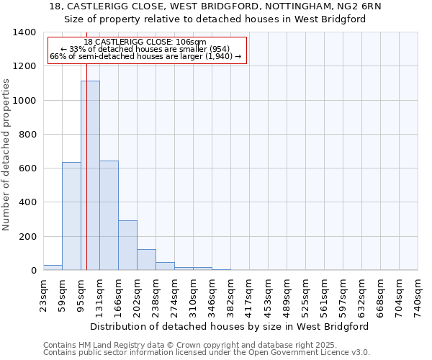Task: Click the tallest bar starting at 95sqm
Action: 90,176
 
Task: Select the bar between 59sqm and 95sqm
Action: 71,216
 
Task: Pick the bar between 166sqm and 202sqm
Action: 127,246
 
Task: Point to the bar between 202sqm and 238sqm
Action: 146,260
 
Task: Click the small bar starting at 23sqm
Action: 53,268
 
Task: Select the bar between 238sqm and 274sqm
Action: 165,266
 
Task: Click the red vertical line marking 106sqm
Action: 86,180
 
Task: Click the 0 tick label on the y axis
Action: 33,271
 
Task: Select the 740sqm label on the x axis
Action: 418,296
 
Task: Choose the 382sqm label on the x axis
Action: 230,296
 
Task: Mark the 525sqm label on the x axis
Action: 305,296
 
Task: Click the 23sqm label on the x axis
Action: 43,294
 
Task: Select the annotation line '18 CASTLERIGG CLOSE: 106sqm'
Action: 145,42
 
